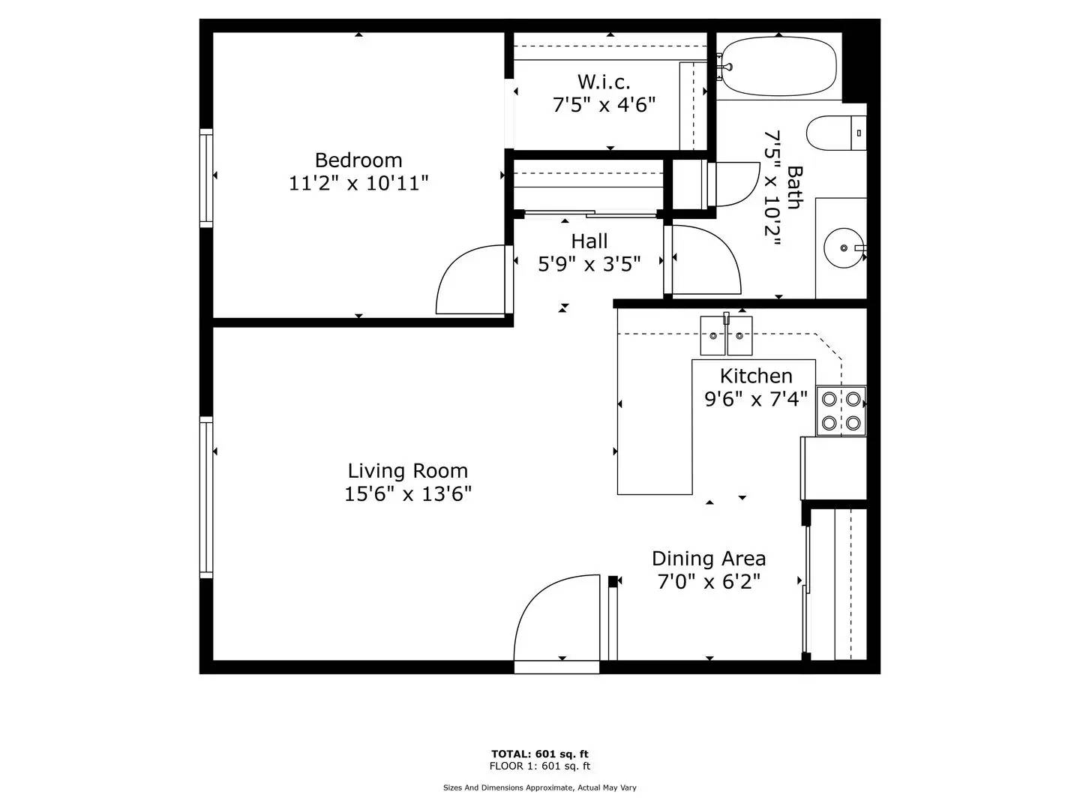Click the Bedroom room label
pyautogui.click(x=358, y=160)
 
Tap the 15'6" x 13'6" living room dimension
pyautogui.click(x=408, y=494)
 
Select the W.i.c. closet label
pyautogui.click(x=604, y=81)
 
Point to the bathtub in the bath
pyautogui.click(x=778, y=66)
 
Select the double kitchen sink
pyautogui.click(x=726, y=335)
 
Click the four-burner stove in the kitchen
pyautogui.click(x=841, y=410)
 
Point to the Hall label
pyautogui.click(x=589, y=241)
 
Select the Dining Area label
pyautogui.click(x=709, y=559)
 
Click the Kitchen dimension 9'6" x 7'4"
pyautogui.click(x=756, y=399)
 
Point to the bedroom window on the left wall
pyautogui.click(x=205, y=177)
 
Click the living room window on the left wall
pyautogui.click(x=205, y=496)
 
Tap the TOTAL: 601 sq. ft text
pyautogui.click(x=540, y=754)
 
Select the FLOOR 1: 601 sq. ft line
pyautogui.click(x=540, y=766)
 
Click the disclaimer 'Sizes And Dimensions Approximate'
pyautogui.click(x=539, y=787)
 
